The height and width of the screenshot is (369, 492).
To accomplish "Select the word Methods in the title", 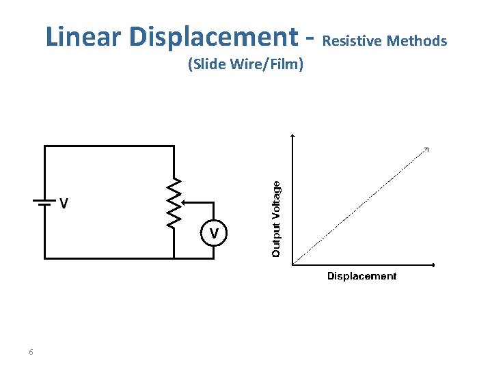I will (417, 41).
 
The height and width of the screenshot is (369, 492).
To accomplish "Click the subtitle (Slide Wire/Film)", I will (245, 65).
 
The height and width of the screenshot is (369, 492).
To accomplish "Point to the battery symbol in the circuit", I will (44, 202).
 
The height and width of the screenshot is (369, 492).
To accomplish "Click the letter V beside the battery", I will (64, 204).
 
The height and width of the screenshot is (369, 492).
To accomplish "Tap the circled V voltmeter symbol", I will (214, 234).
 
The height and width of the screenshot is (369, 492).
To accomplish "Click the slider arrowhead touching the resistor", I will (182, 202).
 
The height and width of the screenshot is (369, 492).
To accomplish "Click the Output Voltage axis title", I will (276, 219).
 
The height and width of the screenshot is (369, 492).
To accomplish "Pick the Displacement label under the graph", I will (361, 276).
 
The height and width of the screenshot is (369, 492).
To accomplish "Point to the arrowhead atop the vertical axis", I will (292, 136).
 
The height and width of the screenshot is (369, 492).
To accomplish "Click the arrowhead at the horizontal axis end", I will (434, 264).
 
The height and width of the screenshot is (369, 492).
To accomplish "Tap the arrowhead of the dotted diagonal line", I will (427, 149).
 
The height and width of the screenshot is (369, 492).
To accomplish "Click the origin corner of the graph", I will (292, 264).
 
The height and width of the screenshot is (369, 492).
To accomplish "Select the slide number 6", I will (31, 352).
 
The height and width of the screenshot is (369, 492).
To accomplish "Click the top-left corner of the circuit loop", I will (45, 146).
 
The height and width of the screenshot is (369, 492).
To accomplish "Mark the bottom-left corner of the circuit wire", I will (45, 258).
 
